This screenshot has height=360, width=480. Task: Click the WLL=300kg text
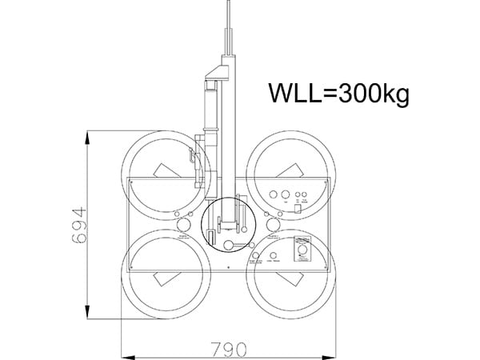click(x=338, y=94)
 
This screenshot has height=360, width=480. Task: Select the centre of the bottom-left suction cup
click(x=165, y=274)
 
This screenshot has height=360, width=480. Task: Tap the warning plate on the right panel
click(x=303, y=252)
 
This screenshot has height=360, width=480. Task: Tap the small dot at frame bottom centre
click(x=228, y=266)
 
